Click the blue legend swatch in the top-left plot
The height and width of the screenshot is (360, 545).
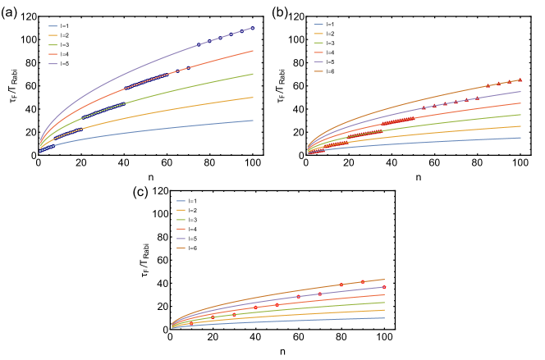[x=53, y=26]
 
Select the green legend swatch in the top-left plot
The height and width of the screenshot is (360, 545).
[x=53, y=45]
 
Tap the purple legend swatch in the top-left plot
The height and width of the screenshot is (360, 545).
[x=53, y=63]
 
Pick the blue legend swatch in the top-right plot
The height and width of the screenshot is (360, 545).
[x=318, y=25]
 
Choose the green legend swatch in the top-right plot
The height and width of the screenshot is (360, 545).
[x=318, y=43]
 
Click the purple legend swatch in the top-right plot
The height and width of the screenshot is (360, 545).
[x=318, y=62]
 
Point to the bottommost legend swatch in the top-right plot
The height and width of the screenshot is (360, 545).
[x=318, y=71]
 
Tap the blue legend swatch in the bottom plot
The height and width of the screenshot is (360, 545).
[x=181, y=201]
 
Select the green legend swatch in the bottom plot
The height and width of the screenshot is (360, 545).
[x=181, y=220]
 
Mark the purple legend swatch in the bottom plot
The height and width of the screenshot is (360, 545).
[x=181, y=238]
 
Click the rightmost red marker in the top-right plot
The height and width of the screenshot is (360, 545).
[x=520, y=80]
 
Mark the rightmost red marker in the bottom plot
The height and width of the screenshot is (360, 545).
[x=383, y=287]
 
